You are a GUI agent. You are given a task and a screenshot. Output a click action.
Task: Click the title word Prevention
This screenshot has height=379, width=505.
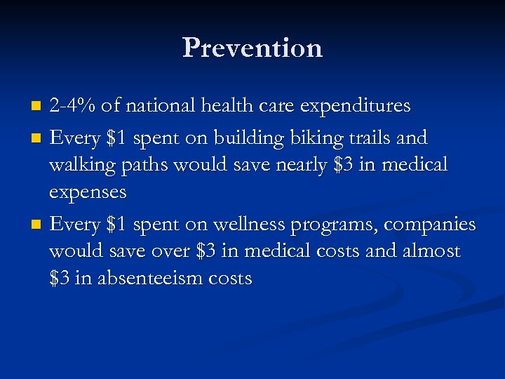coord(252,48)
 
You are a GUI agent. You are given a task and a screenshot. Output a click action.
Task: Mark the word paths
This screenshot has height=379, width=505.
coord(143,165)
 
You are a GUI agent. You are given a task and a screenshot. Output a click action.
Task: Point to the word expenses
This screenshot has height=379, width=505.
coord(88,192)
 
